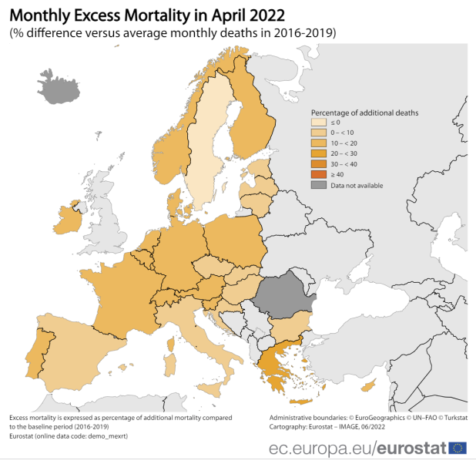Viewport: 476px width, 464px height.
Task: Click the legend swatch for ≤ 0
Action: tap(317, 122)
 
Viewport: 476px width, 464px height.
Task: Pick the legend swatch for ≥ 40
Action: tap(317, 174)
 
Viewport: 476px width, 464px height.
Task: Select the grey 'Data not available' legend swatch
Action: tap(317, 185)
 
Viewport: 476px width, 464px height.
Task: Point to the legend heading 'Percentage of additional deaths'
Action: tap(364, 113)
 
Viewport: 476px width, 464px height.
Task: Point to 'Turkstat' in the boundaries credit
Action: tap(454, 417)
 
